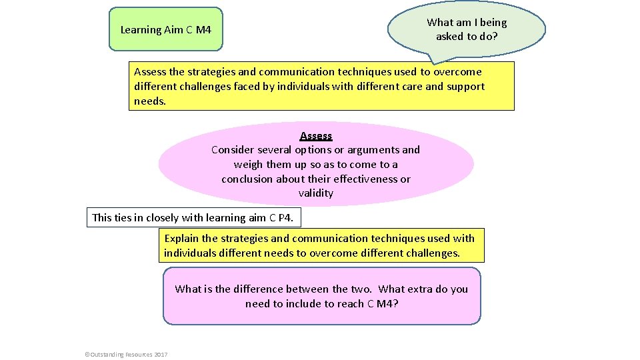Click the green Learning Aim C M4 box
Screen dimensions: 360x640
coord(165,29)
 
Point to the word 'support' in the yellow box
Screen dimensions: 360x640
coord(465,87)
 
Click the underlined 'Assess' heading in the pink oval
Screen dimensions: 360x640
coord(316,136)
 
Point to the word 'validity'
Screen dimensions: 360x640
coord(316,193)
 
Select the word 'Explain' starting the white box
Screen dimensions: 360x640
coord(181,239)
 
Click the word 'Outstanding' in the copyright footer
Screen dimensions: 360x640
coord(106,354)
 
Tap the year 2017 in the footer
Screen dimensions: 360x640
coord(161,354)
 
